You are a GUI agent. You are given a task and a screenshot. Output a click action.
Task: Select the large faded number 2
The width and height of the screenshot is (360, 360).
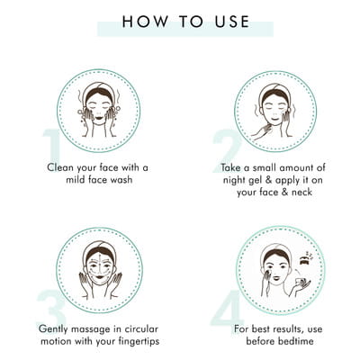point(226,151)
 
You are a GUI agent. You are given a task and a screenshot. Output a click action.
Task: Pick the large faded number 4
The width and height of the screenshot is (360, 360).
point(227,307)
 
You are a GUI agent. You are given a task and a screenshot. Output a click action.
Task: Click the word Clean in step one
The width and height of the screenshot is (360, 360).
point(60,167)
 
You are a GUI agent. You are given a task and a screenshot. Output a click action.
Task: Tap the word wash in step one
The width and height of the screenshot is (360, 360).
point(121,180)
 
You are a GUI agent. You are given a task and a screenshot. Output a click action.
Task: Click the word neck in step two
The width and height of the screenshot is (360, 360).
point(301,192)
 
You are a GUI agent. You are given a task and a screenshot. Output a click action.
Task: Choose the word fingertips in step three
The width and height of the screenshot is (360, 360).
point(136,342)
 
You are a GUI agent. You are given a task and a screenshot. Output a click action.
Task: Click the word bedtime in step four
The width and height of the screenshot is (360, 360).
point(296,341)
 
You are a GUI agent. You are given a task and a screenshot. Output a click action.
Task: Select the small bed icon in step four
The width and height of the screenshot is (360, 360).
point(305,261)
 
